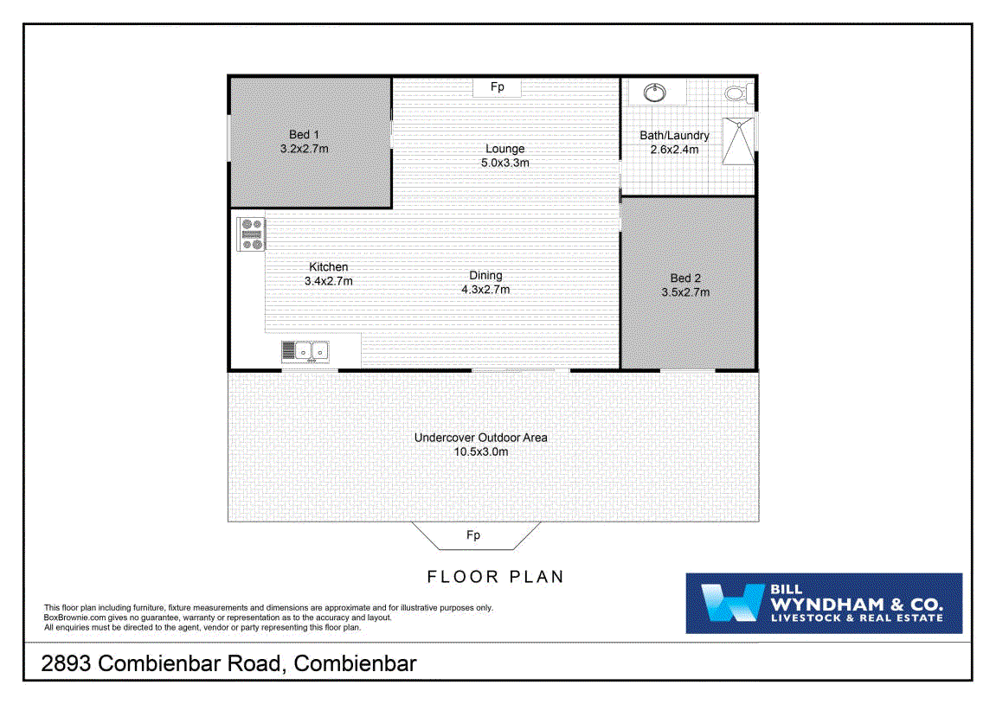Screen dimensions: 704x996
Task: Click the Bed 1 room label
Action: [304, 135]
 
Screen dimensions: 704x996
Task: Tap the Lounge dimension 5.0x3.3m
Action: [505, 163]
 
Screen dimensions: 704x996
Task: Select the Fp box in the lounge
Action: [498, 87]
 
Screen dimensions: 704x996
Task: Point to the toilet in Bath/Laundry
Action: [736, 93]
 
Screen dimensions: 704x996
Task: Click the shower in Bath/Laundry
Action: [738, 140]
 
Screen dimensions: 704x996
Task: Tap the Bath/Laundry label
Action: [674, 136]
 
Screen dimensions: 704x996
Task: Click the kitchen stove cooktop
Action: [252, 234]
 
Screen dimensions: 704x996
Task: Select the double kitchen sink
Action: [305, 351]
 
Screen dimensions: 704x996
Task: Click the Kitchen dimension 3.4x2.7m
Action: [328, 281]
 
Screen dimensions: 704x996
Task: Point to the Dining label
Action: [485, 276]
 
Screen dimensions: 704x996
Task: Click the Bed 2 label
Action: [685, 278]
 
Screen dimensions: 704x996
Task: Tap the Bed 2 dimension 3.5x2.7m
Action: [685, 292]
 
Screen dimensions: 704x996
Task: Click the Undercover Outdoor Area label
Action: [480, 438]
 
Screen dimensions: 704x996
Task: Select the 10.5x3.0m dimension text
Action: [480, 451]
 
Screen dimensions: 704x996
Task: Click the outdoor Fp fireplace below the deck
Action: [473, 535]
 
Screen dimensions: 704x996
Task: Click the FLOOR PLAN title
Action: [496, 577]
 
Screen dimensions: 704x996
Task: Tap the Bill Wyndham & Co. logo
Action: [823, 603]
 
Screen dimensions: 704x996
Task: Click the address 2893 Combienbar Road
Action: [230, 664]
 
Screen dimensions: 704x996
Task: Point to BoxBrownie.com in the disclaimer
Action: [74, 618]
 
